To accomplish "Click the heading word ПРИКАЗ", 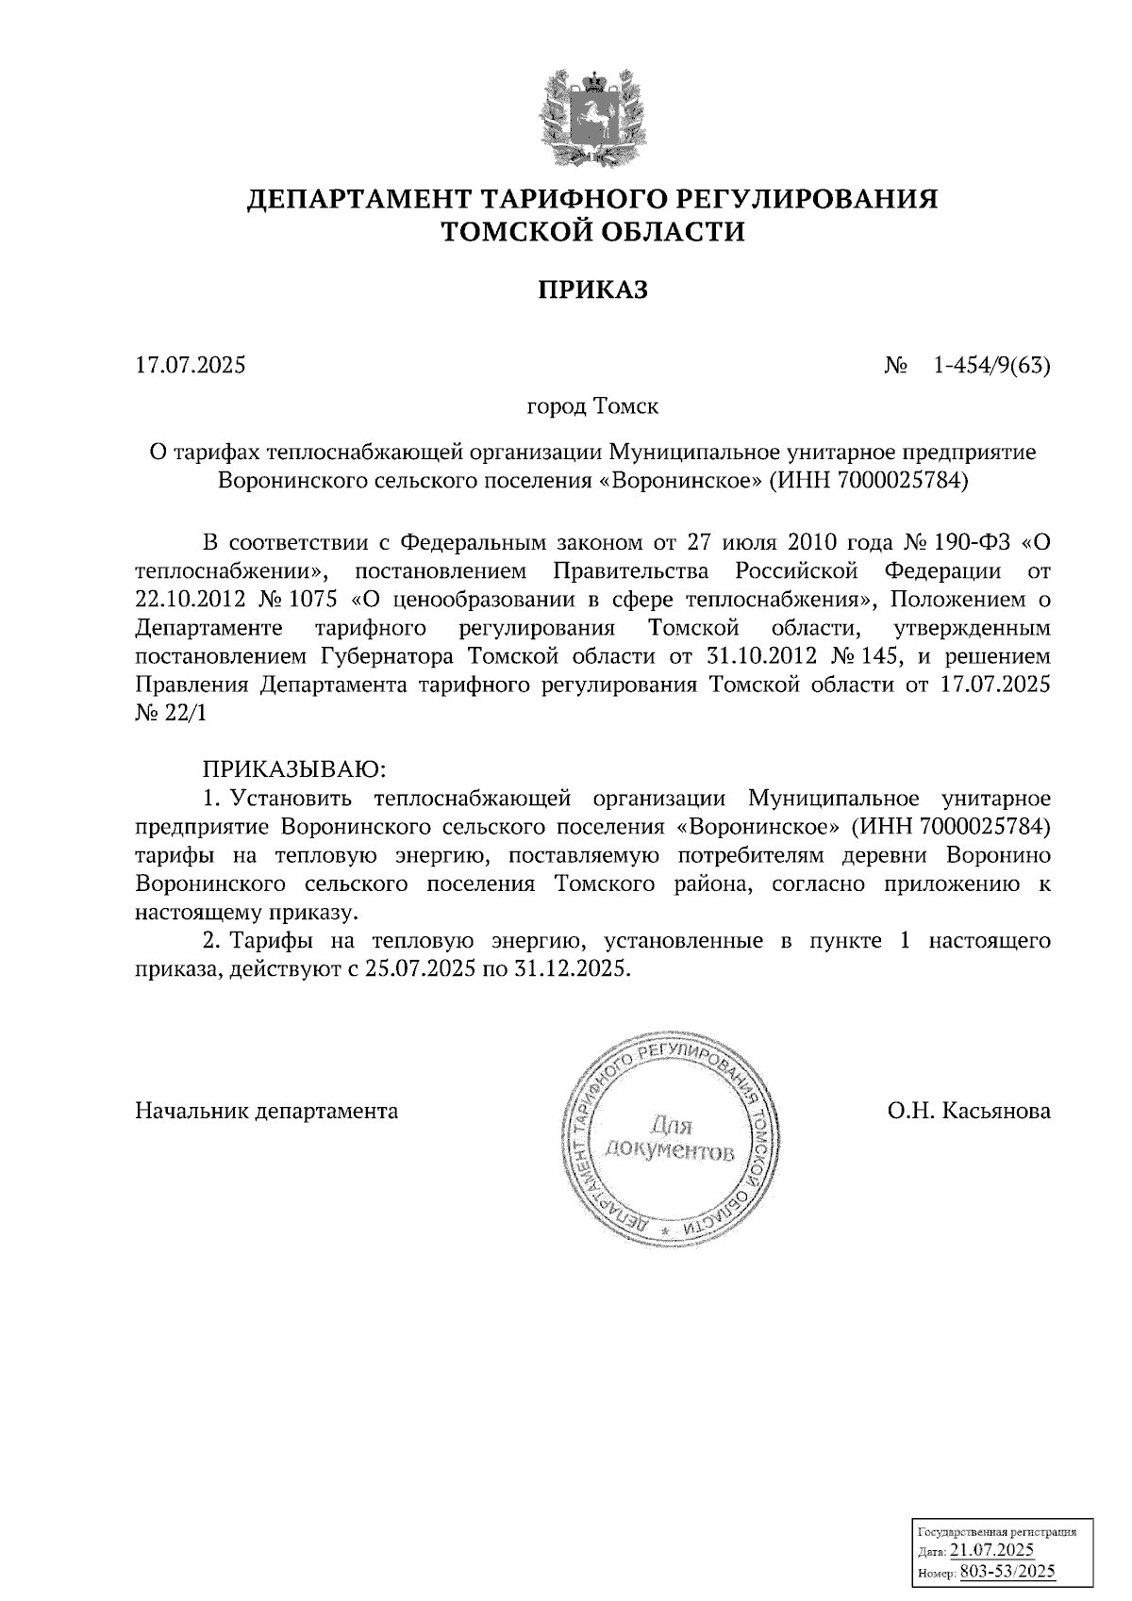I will pos(593,289).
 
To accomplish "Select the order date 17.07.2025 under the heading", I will pos(191,364).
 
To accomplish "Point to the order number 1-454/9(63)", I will pos(991,364).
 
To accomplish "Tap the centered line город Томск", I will pos(592,407).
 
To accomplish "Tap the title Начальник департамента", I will pos(267,1111).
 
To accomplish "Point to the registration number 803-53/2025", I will pos(1007,1572).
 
